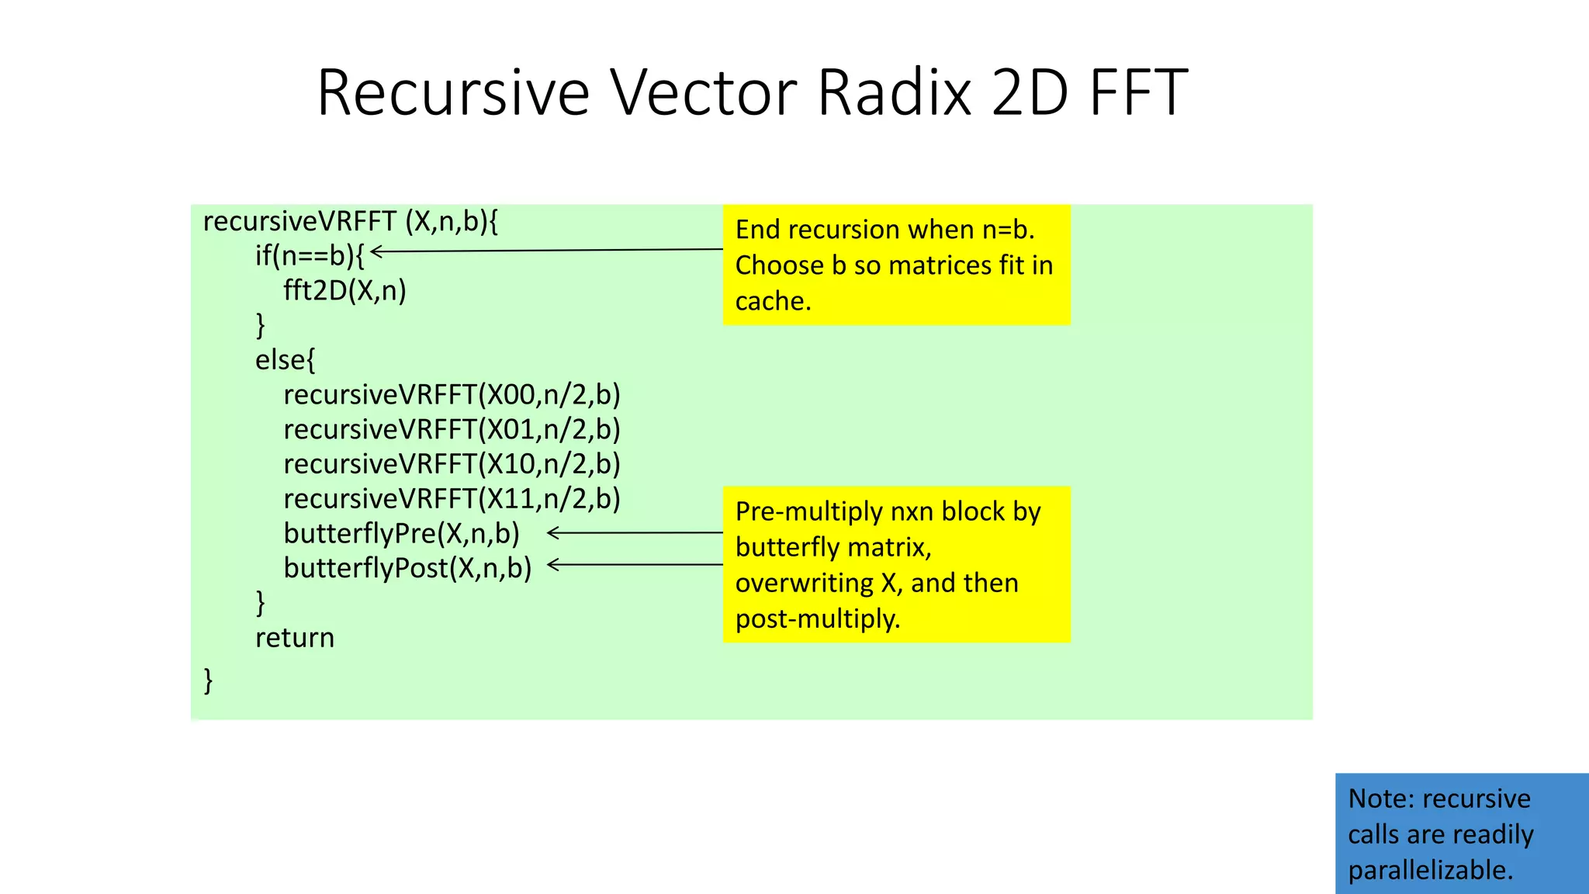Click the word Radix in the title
[895, 92]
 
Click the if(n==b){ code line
[310, 255]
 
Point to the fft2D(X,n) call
[344, 290]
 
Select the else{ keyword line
[286, 360]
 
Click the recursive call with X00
[452, 395]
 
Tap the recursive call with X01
[452, 429]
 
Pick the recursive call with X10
[452, 464]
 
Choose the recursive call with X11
[452, 498]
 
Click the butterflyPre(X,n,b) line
[401, 533]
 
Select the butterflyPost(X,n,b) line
[407, 568]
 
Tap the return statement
[295, 638]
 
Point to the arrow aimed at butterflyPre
[635, 533]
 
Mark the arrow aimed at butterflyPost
[635, 565]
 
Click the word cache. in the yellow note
[773, 301]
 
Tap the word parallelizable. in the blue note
[1430, 870]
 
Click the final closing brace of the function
[208, 680]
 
